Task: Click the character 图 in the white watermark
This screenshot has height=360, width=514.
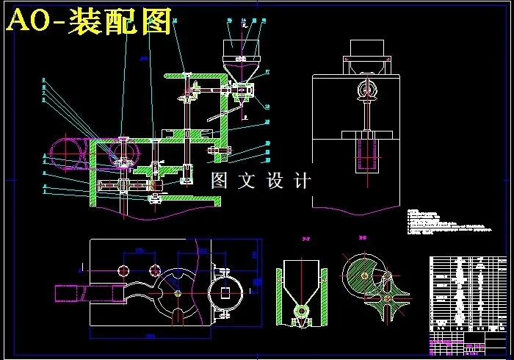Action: coord(219,181)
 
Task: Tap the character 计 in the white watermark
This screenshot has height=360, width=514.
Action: coord(303,181)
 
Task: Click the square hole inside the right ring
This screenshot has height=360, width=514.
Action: coord(225,292)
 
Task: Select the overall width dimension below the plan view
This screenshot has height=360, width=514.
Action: coord(150,336)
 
